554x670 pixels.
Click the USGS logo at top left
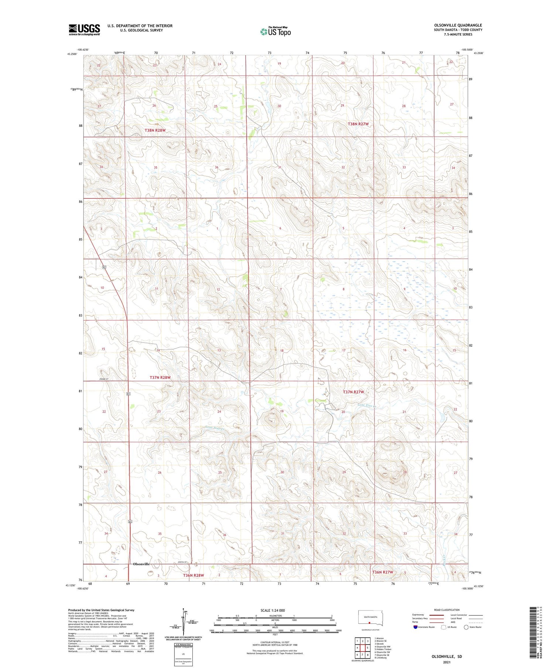click(84, 29)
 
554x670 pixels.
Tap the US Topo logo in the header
click(275, 31)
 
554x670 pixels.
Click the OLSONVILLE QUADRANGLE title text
click(458, 25)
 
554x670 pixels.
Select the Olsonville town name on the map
click(141, 564)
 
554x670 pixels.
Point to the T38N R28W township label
click(155, 130)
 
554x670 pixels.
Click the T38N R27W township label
click(358, 124)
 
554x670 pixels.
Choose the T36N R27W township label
click(382, 582)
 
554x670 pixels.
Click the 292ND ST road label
click(105, 379)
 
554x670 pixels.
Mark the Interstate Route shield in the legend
click(415, 627)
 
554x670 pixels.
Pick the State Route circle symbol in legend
click(466, 627)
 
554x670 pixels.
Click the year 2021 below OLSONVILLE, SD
click(447, 662)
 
